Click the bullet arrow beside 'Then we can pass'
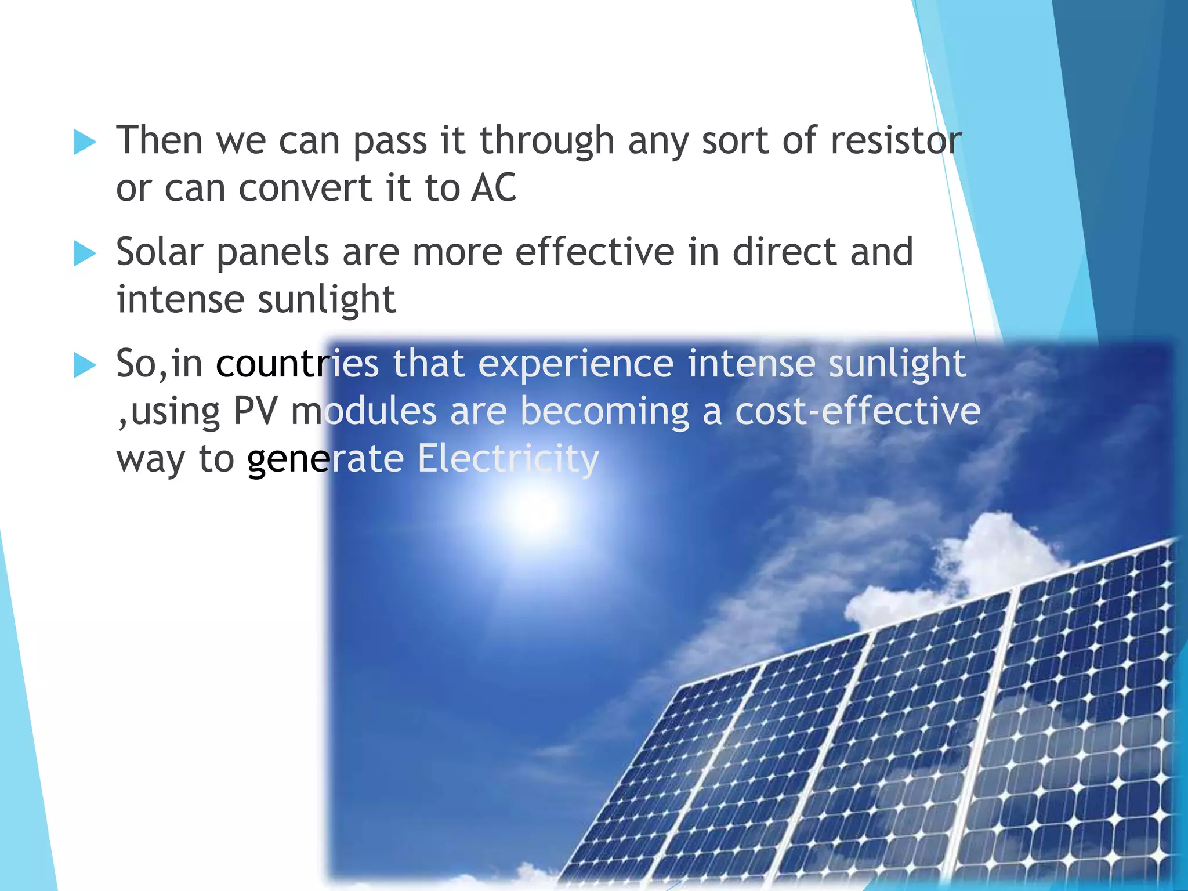point(85,142)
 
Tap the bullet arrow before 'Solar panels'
point(85,254)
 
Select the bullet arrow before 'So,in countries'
point(85,365)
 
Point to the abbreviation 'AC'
point(493,189)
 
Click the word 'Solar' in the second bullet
point(160,252)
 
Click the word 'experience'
point(575,364)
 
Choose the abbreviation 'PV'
point(255,412)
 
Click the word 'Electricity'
point(508,459)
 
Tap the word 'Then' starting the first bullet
point(160,141)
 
